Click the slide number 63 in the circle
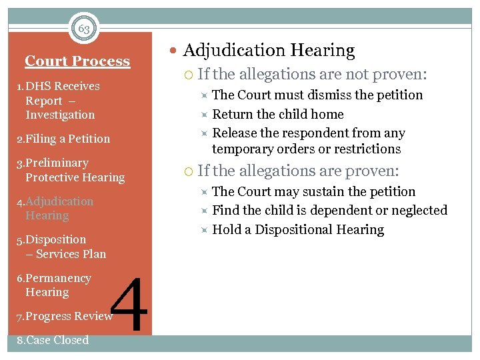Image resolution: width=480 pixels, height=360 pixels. coord(84,29)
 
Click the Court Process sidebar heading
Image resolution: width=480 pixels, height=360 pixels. coord(77,61)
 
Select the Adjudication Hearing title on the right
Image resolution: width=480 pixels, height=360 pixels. coord(269,51)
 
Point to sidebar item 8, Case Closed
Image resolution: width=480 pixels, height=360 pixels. coord(53,340)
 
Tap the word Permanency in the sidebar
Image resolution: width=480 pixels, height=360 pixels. coord(58,278)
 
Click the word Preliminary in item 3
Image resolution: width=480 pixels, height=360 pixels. coord(57,163)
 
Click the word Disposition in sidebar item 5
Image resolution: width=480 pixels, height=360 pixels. coord(56,239)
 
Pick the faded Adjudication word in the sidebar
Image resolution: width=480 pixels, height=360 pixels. coord(59,201)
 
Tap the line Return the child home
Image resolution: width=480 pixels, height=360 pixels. coord(277,114)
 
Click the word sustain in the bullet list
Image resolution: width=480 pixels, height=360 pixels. coord(340,191)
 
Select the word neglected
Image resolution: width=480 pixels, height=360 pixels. coord(419,210)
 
